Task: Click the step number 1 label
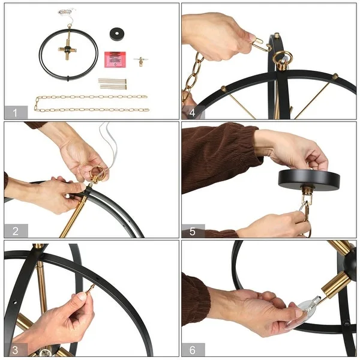click(x=15, y=113)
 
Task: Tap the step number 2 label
click(x=16, y=231)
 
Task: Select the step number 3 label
click(x=15, y=350)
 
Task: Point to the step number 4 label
click(x=192, y=113)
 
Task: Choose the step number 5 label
click(x=193, y=232)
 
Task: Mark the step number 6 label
click(x=193, y=350)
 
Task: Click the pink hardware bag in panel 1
click(x=115, y=59)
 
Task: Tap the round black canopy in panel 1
click(x=117, y=34)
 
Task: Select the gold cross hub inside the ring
click(x=67, y=49)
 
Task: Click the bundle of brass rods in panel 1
click(x=112, y=84)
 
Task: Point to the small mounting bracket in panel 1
click(x=141, y=61)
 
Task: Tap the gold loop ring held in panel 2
click(x=98, y=172)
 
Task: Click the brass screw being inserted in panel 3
click(x=90, y=289)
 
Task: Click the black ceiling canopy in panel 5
click(x=309, y=180)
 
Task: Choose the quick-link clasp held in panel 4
click(x=261, y=44)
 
